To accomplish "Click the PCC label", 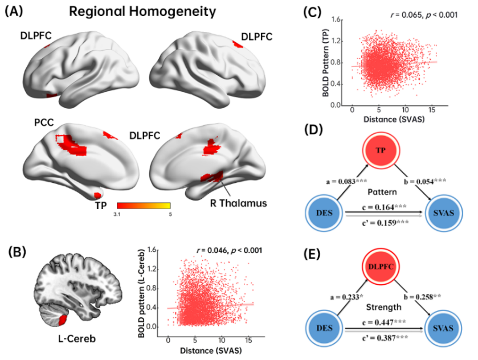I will tap(43, 122).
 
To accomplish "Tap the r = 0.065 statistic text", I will tap(416, 15).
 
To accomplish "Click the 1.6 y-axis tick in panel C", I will tap(337, 19).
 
